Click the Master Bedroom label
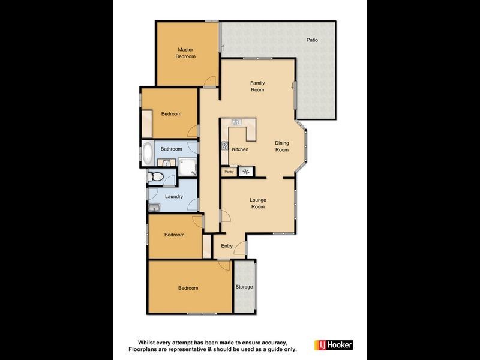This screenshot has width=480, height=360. tap(185, 53)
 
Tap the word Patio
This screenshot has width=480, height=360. tap(311, 40)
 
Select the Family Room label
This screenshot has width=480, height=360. tap(257, 86)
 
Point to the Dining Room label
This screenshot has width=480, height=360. tap(282, 146)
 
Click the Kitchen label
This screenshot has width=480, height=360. tap(240, 149)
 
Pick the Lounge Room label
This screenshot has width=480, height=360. tap(257, 203)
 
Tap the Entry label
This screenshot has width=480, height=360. tap(227, 246)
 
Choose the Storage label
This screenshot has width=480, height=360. tap(244, 287)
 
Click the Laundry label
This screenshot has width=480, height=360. tap(174, 196)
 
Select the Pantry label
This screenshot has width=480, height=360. tap(229, 172)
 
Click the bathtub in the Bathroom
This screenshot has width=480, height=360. tap(148, 154)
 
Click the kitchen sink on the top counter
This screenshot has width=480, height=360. tap(236, 122)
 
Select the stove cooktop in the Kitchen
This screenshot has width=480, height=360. tap(225, 145)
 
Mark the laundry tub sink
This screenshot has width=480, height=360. tap(154, 208)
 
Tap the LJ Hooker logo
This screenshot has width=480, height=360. tap(334, 345)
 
